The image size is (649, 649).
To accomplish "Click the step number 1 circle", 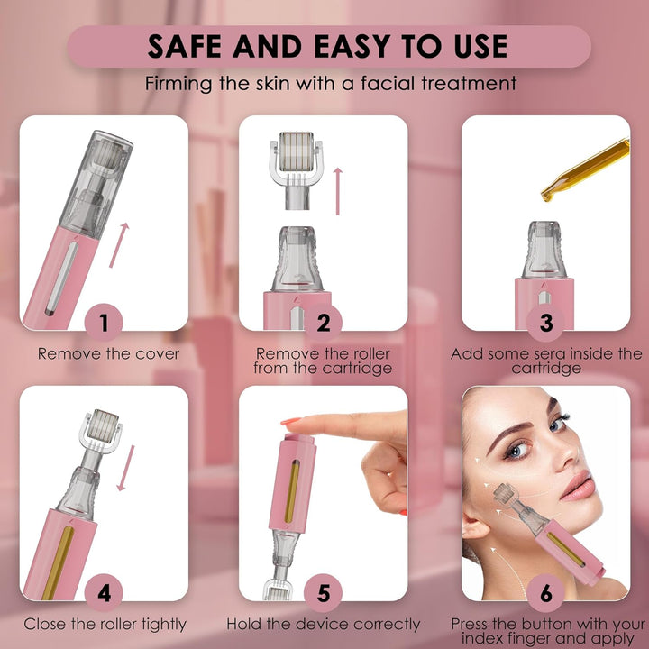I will pos(105,323).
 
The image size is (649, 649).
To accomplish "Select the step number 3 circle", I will pos(546,323).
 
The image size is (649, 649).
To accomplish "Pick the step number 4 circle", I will pos(105,594).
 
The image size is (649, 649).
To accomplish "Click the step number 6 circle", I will pos(546,594).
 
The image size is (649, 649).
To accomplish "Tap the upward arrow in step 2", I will pos(338,190).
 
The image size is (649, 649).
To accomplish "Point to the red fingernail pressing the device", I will pos(290,422).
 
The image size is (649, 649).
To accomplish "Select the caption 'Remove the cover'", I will pos(108,354).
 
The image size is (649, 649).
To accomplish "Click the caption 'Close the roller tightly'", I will pos(105,624).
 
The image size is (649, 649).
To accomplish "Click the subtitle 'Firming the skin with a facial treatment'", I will pos(330,84).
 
